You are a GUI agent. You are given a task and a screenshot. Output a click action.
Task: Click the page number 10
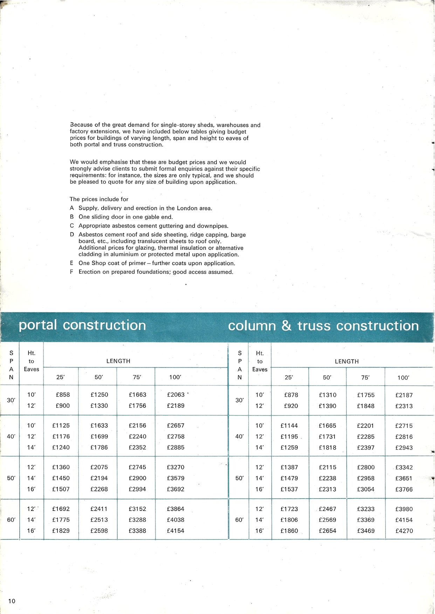[x=12, y=601]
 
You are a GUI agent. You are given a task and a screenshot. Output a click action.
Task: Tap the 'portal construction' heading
[x=82, y=325]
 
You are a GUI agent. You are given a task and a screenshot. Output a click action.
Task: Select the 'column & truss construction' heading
[x=323, y=326]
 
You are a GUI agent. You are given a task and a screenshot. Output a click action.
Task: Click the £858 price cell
[x=63, y=395]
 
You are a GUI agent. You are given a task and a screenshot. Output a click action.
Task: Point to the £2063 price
[x=175, y=395]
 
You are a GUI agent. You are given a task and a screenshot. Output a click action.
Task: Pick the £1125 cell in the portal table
[x=61, y=425]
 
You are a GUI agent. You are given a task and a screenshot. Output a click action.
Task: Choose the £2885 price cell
[x=175, y=447]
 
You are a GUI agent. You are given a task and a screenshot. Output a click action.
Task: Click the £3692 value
[x=175, y=489]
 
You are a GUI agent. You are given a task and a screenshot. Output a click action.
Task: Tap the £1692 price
[x=61, y=509]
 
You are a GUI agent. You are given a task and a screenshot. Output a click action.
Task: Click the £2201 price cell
[x=366, y=426]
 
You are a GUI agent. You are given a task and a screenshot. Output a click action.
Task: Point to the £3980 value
[x=404, y=509]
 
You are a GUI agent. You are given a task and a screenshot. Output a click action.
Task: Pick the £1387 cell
[x=289, y=467]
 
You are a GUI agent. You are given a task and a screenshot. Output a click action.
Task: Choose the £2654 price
[x=327, y=531]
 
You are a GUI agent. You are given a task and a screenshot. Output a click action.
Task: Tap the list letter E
[x=71, y=263]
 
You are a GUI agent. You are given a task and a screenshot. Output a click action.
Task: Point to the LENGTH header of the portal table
[x=118, y=361]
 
